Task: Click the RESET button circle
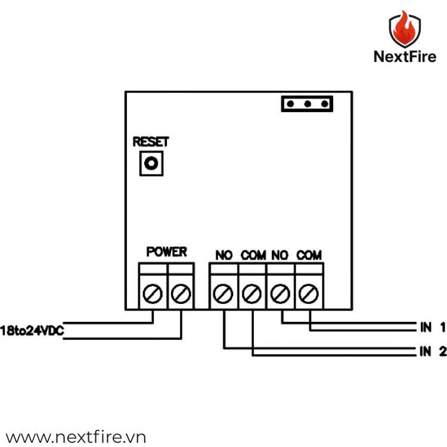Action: [x=151, y=163]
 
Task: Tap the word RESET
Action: [x=151, y=142]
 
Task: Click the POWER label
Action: [x=166, y=252]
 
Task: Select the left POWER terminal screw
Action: [x=153, y=293]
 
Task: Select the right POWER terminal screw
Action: [x=181, y=293]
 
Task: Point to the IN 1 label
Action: [x=433, y=327]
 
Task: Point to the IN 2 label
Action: [x=433, y=352]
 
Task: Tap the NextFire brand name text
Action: [x=405, y=57]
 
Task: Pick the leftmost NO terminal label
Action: [x=223, y=255]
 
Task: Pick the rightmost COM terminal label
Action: [x=309, y=255]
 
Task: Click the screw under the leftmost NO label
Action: [x=223, y=293]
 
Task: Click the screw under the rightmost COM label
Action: [x=308, y=293]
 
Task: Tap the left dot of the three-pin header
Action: [x=290, y=104]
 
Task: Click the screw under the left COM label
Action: [x=252, y=293]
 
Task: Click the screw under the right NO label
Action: [x=280, y=293]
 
